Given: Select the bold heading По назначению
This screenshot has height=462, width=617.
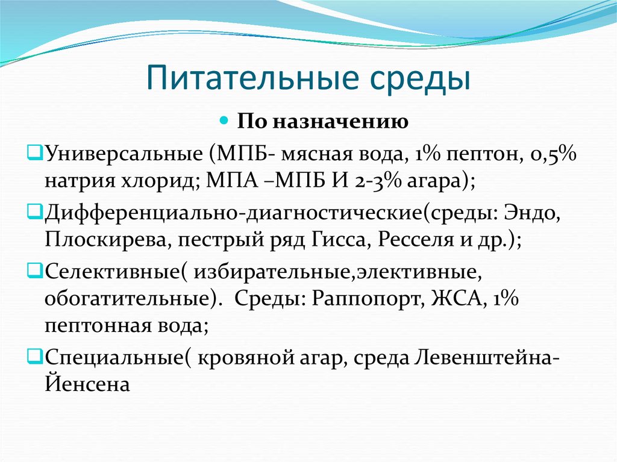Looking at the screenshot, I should [323, 122].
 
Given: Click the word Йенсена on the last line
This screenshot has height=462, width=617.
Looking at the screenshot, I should [87, 383].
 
